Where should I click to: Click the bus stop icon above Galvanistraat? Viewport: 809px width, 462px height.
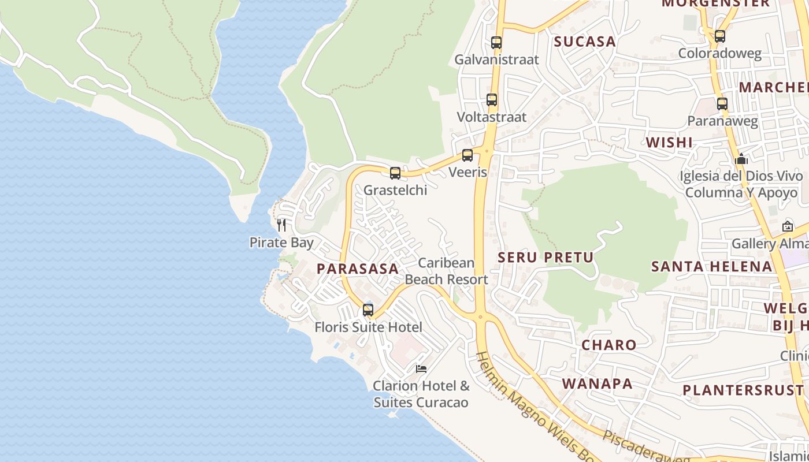(x=496, y=42)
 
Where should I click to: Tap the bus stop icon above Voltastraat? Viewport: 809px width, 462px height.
(x=492, y=99)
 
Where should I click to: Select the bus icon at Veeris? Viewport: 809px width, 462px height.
(x=467, y=155)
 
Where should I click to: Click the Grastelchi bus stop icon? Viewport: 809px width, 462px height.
(x=395, y=173)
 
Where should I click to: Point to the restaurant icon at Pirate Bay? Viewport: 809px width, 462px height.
(x=281, y=225)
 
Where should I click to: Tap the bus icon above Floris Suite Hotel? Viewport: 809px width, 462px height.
(x=368, y=310)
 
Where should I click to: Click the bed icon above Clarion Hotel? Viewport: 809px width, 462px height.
(x=421, y=368)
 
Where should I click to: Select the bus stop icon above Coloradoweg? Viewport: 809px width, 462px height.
(x=720, y=36)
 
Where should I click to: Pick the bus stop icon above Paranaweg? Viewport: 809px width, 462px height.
(x=722, y=104)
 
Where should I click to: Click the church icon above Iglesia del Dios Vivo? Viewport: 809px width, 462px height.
(x=741, y=158)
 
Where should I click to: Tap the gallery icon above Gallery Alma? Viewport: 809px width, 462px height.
(x=787, y=226)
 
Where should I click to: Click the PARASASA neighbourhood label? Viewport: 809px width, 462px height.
(x=358, y=269)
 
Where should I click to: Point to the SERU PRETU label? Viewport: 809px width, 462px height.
(x=545, y=258)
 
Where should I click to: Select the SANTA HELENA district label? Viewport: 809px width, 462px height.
(x=711, y=266)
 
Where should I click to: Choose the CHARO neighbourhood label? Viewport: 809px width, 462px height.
(x=608, y=345)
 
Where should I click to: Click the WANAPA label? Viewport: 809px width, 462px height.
(x=597, y=383)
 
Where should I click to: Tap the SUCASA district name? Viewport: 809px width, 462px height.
(x=585, y=42)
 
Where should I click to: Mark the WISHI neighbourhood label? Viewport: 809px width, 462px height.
(x=669, y=142)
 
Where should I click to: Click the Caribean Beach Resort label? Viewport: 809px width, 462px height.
(x=446, y=271)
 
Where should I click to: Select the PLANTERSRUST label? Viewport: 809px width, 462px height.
(x=743, y=390)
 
